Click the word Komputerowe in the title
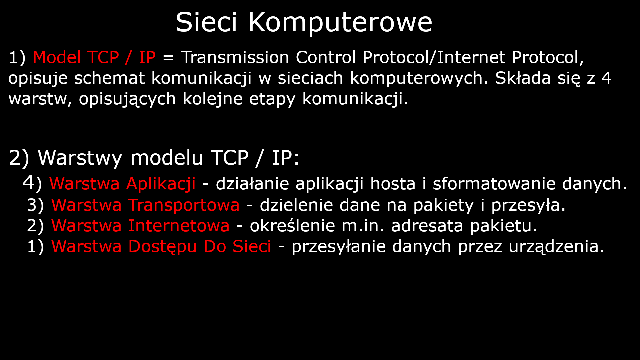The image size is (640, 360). click(x=340, y=23)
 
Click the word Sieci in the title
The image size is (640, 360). click(x=206, y=23)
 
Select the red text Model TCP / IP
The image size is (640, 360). click(x=94, y=57)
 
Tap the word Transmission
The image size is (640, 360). click(x=235, y=57)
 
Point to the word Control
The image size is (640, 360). click(x=326, y=57)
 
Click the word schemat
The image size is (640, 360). click(x=109, y=78)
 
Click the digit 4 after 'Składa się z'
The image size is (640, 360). click(x=606, y=78)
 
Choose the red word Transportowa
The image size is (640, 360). click(x=184, y=205)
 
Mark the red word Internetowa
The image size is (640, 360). click(x=179, y=226)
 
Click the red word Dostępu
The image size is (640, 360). click(x=162, y=247)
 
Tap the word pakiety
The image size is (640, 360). click(x=443, y=205)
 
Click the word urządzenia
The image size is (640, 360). click(x=556, y=247)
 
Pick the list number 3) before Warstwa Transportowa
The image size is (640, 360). click(x=35, y=205)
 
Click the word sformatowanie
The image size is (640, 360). click(x=494, y=184)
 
